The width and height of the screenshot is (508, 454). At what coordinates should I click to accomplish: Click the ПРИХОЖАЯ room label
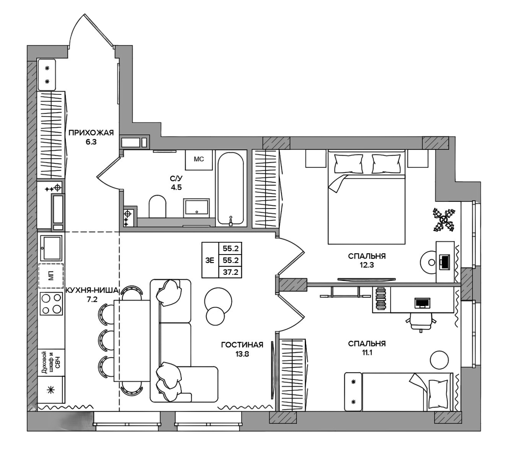[x=91, y=132]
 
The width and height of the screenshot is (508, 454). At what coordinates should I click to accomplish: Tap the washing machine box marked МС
[x=199, y=160]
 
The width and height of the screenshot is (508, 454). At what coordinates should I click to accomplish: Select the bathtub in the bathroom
[x=231, y=188]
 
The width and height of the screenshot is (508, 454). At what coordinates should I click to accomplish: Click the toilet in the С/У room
[x=158, y=206]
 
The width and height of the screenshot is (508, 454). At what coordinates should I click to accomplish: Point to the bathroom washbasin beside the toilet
[x=196, y=208]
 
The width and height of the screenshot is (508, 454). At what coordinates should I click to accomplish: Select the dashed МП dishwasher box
[x=51, y=276]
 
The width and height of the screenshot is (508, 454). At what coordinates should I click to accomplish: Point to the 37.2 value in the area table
[x=231, y=272]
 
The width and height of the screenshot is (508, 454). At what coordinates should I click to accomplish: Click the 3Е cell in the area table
[x=210, y=261]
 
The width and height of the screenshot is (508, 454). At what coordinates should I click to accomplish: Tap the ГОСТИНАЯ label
[x=242, y=345]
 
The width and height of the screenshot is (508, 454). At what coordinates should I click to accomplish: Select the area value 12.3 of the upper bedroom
[x=367, y=265]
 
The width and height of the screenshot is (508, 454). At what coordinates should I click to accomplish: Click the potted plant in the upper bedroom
[x=444, y=220]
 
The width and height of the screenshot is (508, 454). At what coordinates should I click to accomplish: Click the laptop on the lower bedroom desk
[x=423, y=303]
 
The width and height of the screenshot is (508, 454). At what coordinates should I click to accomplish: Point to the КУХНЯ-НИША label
[x=92, y=291]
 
